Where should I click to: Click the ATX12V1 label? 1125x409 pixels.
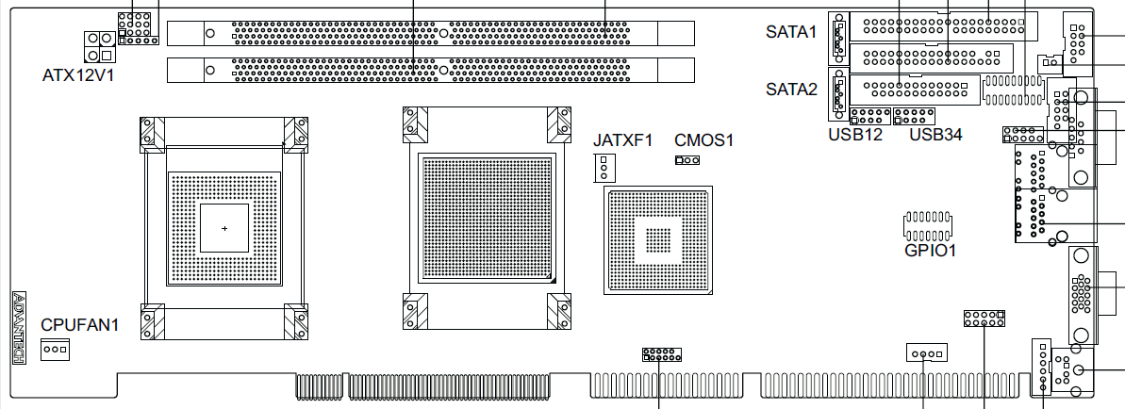click(x=77, y=74)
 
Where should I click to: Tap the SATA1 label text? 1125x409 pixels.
click(x=791, y=32)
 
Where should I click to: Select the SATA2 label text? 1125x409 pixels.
click(x=791, y=90)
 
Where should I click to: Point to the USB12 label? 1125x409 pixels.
click(x=855, y=134)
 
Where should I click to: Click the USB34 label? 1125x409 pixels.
click(x=935, y=134)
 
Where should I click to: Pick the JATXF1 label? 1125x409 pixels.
click(x=622, y=139)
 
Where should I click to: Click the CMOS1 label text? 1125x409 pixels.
click(x=703, y=139)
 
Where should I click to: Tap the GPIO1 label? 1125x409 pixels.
click(x=930, y=251)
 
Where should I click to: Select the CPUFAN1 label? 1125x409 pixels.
click(x=79, y=325)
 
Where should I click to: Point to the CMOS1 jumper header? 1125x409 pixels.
click(x=687, y=160)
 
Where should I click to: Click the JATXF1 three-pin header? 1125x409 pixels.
click(x=604, y=167)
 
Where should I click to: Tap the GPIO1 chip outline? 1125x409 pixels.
click(x=927, y=225)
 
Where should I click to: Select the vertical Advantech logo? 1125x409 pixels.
click(x=20, y=327)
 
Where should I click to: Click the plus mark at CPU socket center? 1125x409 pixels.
click(x=224, y=228)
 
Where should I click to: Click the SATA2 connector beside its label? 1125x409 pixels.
click(x=838, y=94)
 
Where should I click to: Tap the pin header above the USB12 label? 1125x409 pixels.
click(x=869, y=116)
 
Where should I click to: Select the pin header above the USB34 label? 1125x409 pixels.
click(x=914, y=116)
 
